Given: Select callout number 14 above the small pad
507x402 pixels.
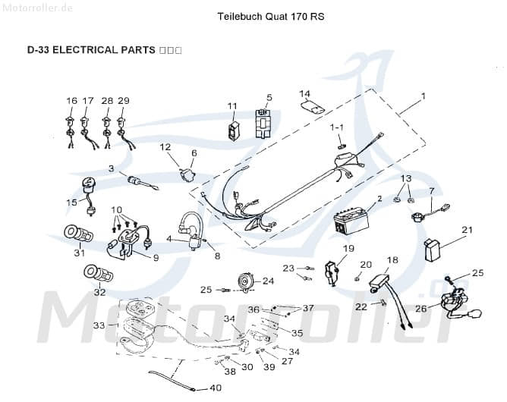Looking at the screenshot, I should coord(304,94).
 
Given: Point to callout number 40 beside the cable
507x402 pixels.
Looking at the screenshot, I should coord(215,388).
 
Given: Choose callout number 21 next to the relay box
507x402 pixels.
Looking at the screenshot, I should coord(467,230).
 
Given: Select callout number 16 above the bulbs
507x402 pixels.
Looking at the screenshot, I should coord(71,101).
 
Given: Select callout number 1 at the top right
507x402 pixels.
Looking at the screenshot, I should coord(423,96).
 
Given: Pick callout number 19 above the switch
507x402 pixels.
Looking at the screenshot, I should coord(348,248).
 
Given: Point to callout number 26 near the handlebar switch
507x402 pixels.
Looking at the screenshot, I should coord(420,309).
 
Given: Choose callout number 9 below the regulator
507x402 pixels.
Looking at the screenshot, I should coord(156,258).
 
